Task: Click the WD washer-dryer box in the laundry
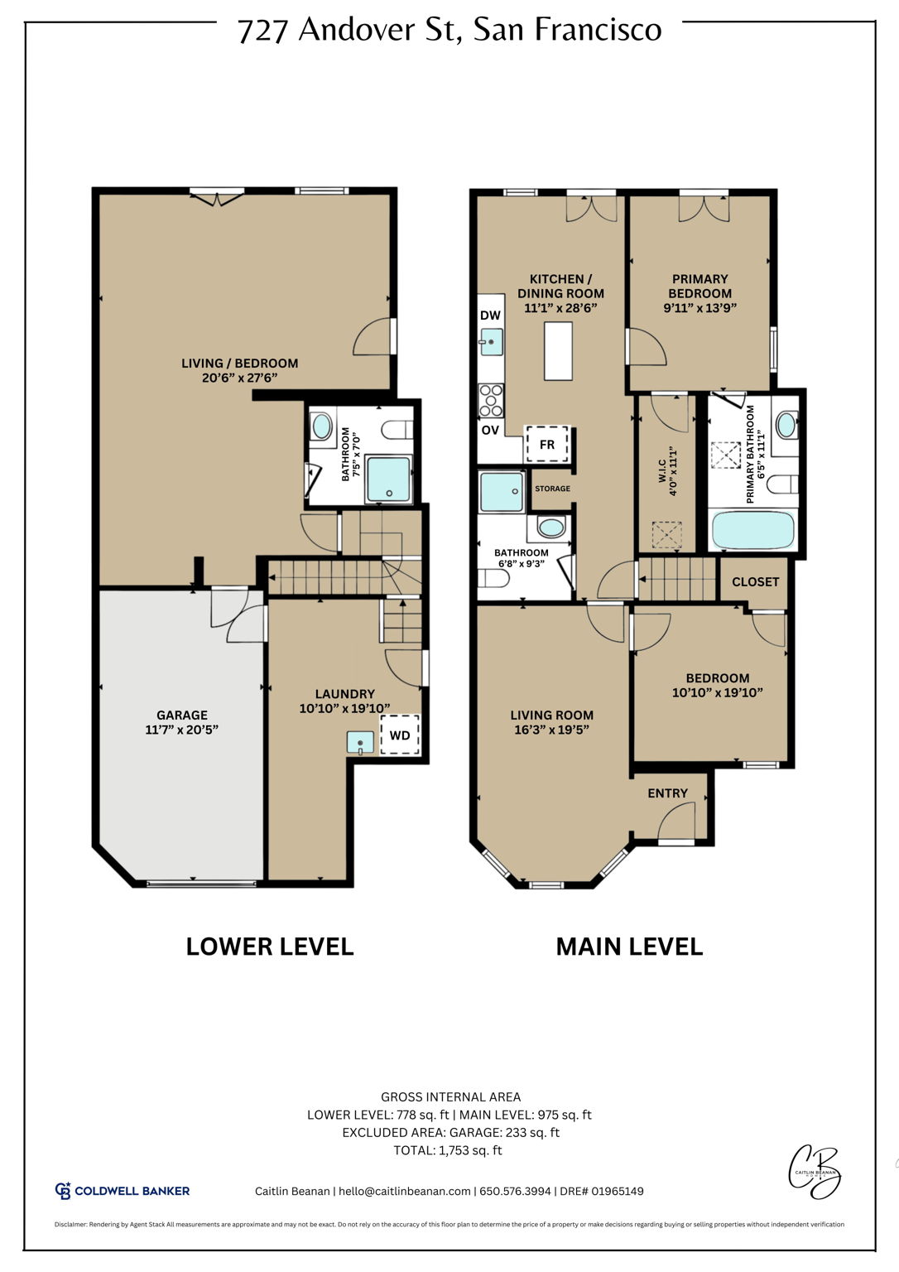400,735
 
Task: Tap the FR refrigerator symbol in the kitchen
547,445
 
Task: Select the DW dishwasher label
490,316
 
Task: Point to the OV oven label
490,430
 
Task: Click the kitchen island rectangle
559,350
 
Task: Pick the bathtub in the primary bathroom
753,530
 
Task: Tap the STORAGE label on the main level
552,489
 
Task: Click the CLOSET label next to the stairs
755,582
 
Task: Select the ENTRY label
667,793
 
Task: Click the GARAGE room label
182,715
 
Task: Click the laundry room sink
360,742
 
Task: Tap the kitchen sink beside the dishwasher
492,341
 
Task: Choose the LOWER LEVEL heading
269,947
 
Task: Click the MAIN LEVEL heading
629,947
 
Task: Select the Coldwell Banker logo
123,1191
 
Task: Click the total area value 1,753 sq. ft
470,1150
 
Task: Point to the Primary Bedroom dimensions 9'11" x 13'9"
699,307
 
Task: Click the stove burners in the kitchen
491,400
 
